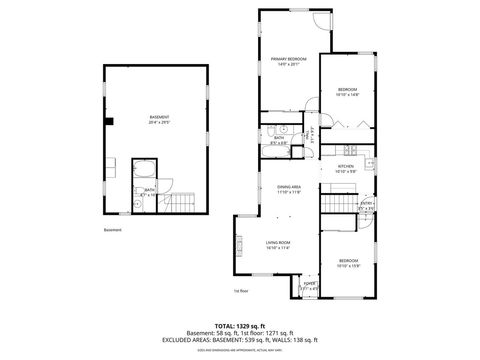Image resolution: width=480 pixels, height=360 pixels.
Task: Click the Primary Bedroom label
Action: [x=288, y=59]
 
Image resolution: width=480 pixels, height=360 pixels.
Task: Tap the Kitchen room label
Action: [x=346, y=166]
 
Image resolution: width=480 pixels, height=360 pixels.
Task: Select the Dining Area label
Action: [x=289, y=187]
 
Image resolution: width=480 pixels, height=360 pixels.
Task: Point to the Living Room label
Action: [x=278, y=243]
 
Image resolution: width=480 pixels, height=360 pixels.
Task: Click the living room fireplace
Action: [x=239, y=246]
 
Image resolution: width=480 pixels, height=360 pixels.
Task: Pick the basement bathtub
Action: [x=144, y=168]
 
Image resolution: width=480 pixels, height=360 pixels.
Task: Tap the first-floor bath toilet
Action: [x=271, y=130]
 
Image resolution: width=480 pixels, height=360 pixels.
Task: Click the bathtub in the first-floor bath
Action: [x=276, y=151]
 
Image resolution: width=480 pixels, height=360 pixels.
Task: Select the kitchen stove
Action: [x=350, y=150]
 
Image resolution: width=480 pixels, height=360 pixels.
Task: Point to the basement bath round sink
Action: [x=138, y=204]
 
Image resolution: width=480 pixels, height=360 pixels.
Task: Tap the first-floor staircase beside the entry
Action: [x=339, y=203]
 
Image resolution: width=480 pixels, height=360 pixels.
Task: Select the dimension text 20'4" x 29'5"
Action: [x=159, y=122]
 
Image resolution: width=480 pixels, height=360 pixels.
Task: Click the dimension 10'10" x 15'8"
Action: [x=348, y=266]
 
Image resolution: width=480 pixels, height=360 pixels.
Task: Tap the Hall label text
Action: [x=307, y=135]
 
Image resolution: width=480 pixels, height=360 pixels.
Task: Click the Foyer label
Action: [x=310, y=284]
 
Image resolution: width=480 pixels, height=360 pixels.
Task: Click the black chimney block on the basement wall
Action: [x=110, y=121]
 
